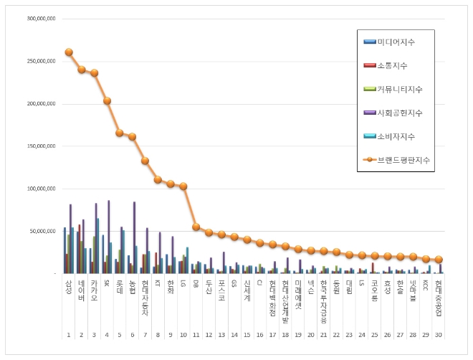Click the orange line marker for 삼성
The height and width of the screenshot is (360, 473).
[69, 52]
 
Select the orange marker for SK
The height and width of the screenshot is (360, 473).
[107, 101]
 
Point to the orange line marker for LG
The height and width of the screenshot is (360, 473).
[183, 186]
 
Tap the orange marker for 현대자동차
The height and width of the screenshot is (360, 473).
[145, 161]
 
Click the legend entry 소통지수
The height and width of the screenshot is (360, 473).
[391, 66]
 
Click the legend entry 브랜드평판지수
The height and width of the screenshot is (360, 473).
[398, 159]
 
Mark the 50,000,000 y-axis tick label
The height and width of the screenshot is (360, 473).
[42, 231]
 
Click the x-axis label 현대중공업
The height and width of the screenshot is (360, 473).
[439, 300]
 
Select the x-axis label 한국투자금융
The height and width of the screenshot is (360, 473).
[324, 300]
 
